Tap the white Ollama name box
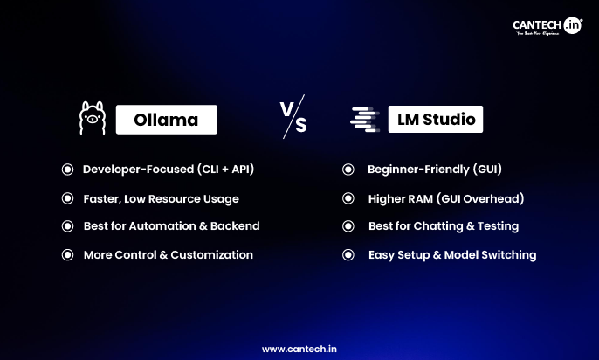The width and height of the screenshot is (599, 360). (166, 120)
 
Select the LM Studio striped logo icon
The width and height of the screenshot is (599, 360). (363, 119)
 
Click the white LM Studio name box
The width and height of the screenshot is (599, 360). (435, 119)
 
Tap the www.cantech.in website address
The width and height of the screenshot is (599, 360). (299, 348)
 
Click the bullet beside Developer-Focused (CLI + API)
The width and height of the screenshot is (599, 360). (67, 170)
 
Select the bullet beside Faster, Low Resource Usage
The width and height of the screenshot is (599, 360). (67, 198)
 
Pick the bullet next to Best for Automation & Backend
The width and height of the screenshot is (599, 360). (67, 226)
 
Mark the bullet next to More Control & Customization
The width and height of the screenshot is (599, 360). (67, 255)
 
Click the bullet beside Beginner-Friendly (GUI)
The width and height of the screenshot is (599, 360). (348, 170)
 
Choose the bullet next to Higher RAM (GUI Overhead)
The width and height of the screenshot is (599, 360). (348, 198)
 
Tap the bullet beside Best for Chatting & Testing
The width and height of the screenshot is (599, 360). (348, 226)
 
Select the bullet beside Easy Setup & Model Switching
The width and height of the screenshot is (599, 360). (348, 255)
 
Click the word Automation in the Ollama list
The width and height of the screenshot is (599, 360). (161, 226)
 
